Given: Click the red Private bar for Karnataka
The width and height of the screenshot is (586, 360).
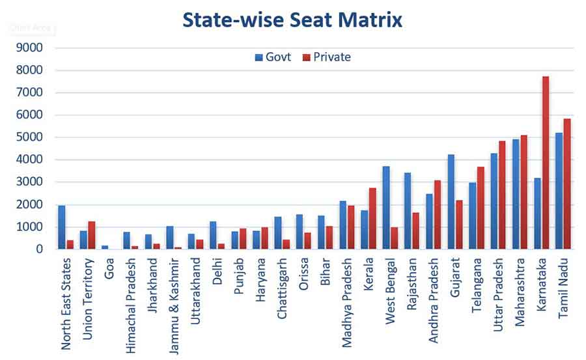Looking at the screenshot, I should (x=546, y=163).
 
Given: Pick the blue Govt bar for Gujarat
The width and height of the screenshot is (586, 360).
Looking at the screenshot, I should (x=451, y=201).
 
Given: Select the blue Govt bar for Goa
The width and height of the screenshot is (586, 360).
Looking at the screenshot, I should (x=105, y=247).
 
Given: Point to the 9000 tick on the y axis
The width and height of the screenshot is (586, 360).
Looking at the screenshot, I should (x=30, y=48).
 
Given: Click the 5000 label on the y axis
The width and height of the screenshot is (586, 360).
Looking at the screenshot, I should (x=30, y=137).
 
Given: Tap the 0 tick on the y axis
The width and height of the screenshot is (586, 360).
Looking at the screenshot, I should (x=39, y=249).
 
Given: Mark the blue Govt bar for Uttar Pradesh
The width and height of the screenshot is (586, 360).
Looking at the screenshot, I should (x=494, y=201).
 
